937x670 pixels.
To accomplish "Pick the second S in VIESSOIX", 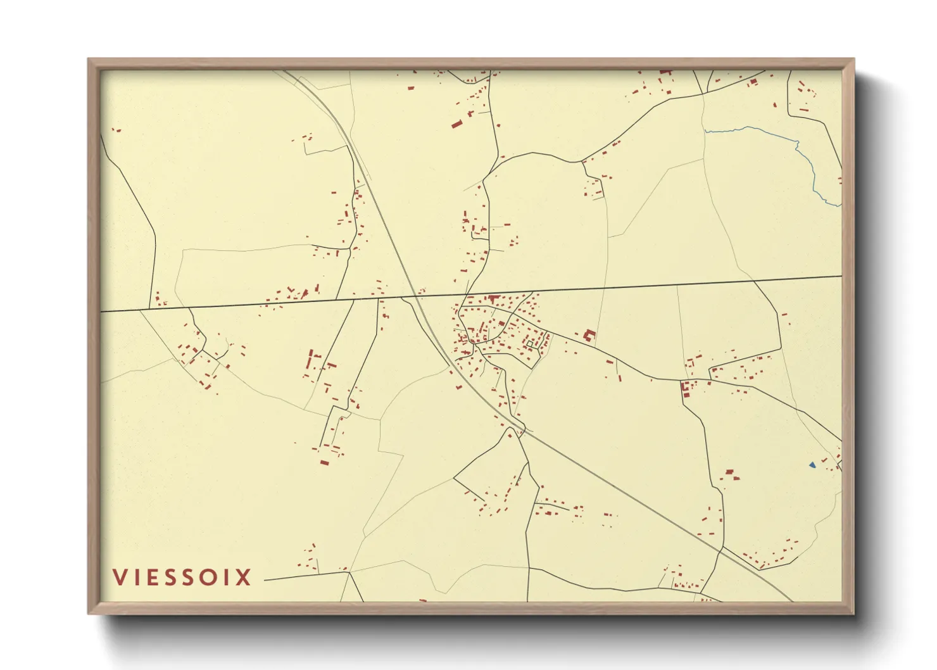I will tap(187, 577).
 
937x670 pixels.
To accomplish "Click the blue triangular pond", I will tap(812, 465).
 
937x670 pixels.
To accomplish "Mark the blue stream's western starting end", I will tap(706, 131).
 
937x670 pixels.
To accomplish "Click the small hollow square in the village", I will tap(530, 344).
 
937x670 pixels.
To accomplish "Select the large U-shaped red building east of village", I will tap(589, 336).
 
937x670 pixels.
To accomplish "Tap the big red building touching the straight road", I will tap(493, 298).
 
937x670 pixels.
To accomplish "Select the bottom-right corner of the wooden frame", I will tap(853, 613).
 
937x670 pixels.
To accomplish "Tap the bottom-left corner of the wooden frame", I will tap(89, 613).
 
